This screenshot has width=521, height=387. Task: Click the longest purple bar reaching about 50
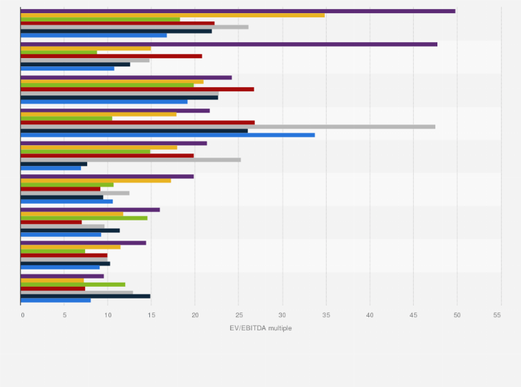pos(238,11)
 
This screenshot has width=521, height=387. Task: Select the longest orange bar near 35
pos(173,15)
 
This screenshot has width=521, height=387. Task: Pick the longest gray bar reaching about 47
pos(228,126)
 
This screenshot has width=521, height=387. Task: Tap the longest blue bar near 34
pos(168,135)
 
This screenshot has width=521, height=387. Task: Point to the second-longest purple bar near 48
pos(229,44)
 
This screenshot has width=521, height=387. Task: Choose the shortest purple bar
pos(62,276)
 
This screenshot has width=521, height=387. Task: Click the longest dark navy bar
pos(134,131)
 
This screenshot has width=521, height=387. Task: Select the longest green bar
pos(107,85)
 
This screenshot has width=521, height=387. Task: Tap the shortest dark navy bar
pos(54,164)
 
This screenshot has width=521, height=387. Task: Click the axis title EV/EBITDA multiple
pos(260,328)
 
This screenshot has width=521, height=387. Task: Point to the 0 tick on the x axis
pos(22,315)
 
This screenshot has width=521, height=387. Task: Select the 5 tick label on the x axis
pos(65,315)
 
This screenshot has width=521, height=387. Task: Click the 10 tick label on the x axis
pos(108,315)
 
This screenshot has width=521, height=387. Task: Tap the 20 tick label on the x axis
pos(196,315)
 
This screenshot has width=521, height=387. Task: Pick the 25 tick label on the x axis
pos(239,315)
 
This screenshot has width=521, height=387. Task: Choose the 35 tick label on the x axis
pos(326,315)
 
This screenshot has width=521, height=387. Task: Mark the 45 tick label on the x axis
pos(413,315)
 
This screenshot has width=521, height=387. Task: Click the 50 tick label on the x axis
pos(457,315)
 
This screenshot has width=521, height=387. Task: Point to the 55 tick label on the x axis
pos(497,315)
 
